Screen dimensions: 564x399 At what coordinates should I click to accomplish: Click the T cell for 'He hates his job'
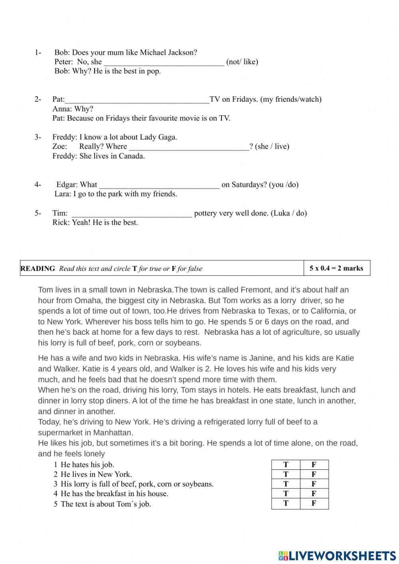pyautogui.click(x=286, y=465)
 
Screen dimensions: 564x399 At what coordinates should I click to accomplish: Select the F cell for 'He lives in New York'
pyautogui.click(x=314, y=474)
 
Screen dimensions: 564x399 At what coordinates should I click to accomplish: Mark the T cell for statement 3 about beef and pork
pyautogui.click(x=286, y=484)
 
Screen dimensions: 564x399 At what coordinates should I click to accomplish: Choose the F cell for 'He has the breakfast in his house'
pyautogui.click(x=314, y=494)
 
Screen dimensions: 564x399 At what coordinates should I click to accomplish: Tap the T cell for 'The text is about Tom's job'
pyautogui.click(x=286, y=503)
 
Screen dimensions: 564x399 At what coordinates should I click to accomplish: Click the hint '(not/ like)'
pyautogui.click(x=242, y=62)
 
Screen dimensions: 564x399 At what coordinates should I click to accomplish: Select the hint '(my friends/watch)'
pyautogui.click(x=291, y=99)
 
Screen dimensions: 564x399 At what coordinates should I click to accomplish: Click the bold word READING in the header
pyautogui.click(x=38, y=269)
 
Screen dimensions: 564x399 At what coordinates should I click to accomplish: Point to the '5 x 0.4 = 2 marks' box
pyautogui.click(x=336, y=268)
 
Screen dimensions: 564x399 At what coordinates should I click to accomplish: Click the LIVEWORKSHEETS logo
pyautogui.click(x=337, y=555)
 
